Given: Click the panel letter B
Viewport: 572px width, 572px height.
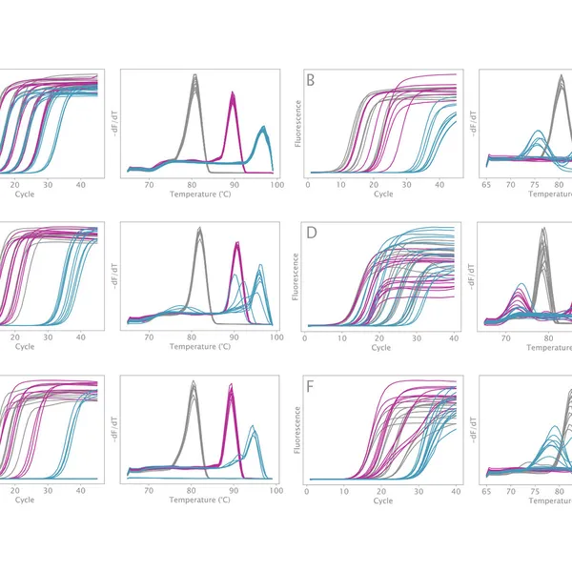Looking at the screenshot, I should pos(311,80).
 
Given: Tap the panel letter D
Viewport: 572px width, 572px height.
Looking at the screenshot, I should pos(310,234).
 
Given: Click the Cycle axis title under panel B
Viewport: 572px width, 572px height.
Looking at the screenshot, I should pos(383,194).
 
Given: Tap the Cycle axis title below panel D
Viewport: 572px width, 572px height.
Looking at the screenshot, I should pos(381,347).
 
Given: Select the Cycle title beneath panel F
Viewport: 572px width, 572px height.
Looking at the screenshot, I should pos(381,500).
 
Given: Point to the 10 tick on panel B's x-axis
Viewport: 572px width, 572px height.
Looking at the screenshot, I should pos(344,182).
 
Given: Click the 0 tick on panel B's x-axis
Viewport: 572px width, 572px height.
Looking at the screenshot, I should pos(307,182).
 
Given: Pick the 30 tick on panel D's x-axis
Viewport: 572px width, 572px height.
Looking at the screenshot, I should pos(418,337).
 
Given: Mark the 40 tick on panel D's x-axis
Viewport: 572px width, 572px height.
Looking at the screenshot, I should pos(455,337).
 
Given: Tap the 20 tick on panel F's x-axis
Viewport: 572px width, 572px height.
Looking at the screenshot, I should pos(380,489).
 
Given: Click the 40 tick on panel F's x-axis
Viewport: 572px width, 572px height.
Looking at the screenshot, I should pos(455,489).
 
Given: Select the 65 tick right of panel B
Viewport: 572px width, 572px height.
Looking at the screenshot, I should pos(486,182).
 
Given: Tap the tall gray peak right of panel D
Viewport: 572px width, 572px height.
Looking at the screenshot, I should pos(542,238).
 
